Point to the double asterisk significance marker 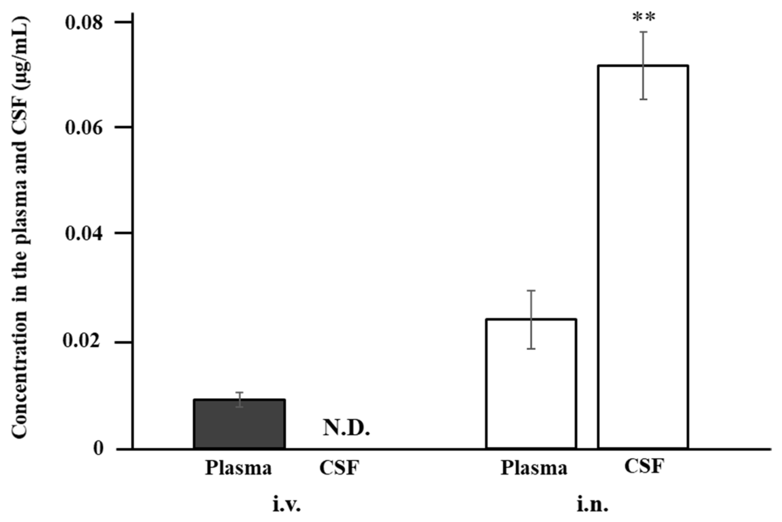click(x=643, y=17)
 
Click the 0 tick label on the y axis click(x=98, y=448)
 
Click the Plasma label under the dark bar click(x=238, y=468)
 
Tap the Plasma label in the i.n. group click(x=534, y=468)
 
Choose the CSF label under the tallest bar click(x=644, y=466)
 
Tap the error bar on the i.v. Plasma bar click(x=239, y=400)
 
